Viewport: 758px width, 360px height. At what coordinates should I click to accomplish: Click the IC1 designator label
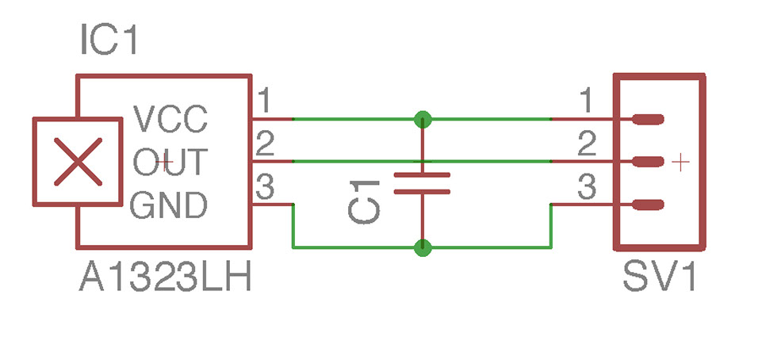109,40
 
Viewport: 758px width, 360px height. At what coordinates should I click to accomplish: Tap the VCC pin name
170,121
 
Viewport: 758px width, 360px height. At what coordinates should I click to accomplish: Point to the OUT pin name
170,163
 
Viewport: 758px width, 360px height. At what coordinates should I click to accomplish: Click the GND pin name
169,205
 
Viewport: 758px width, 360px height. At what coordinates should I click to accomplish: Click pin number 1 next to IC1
264,101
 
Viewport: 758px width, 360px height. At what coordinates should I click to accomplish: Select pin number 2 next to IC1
265,144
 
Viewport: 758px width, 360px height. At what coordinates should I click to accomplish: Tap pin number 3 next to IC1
265,188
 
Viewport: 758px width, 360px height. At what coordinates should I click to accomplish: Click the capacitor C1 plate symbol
422,183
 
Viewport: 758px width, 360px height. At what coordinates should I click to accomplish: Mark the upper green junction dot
423,120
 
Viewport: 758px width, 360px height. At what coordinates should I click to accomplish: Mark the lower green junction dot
423,248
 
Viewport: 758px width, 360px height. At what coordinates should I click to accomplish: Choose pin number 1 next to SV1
585,101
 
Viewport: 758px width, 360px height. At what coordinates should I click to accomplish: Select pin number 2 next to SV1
586,144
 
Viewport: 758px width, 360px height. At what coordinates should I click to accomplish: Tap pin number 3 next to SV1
586,188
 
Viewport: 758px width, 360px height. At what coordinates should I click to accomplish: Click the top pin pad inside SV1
647,120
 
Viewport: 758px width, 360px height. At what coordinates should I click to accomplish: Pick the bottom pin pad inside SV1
647,205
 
